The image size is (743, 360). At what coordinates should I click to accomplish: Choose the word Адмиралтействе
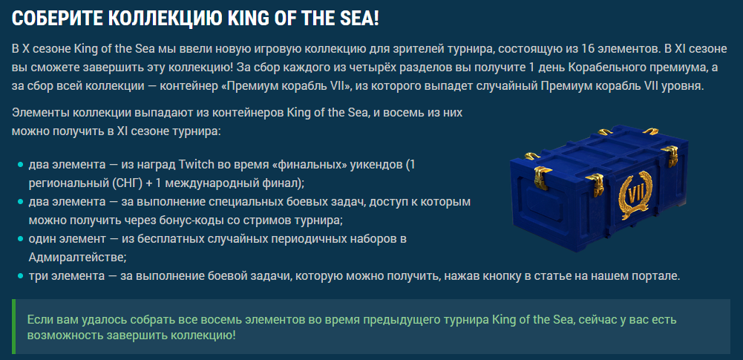pos(76,258)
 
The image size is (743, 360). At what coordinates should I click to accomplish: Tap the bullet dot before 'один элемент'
pos(20,240)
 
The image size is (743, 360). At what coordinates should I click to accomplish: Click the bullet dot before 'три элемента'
pos(20,276)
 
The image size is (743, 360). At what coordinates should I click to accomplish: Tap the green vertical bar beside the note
pos(14,327)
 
